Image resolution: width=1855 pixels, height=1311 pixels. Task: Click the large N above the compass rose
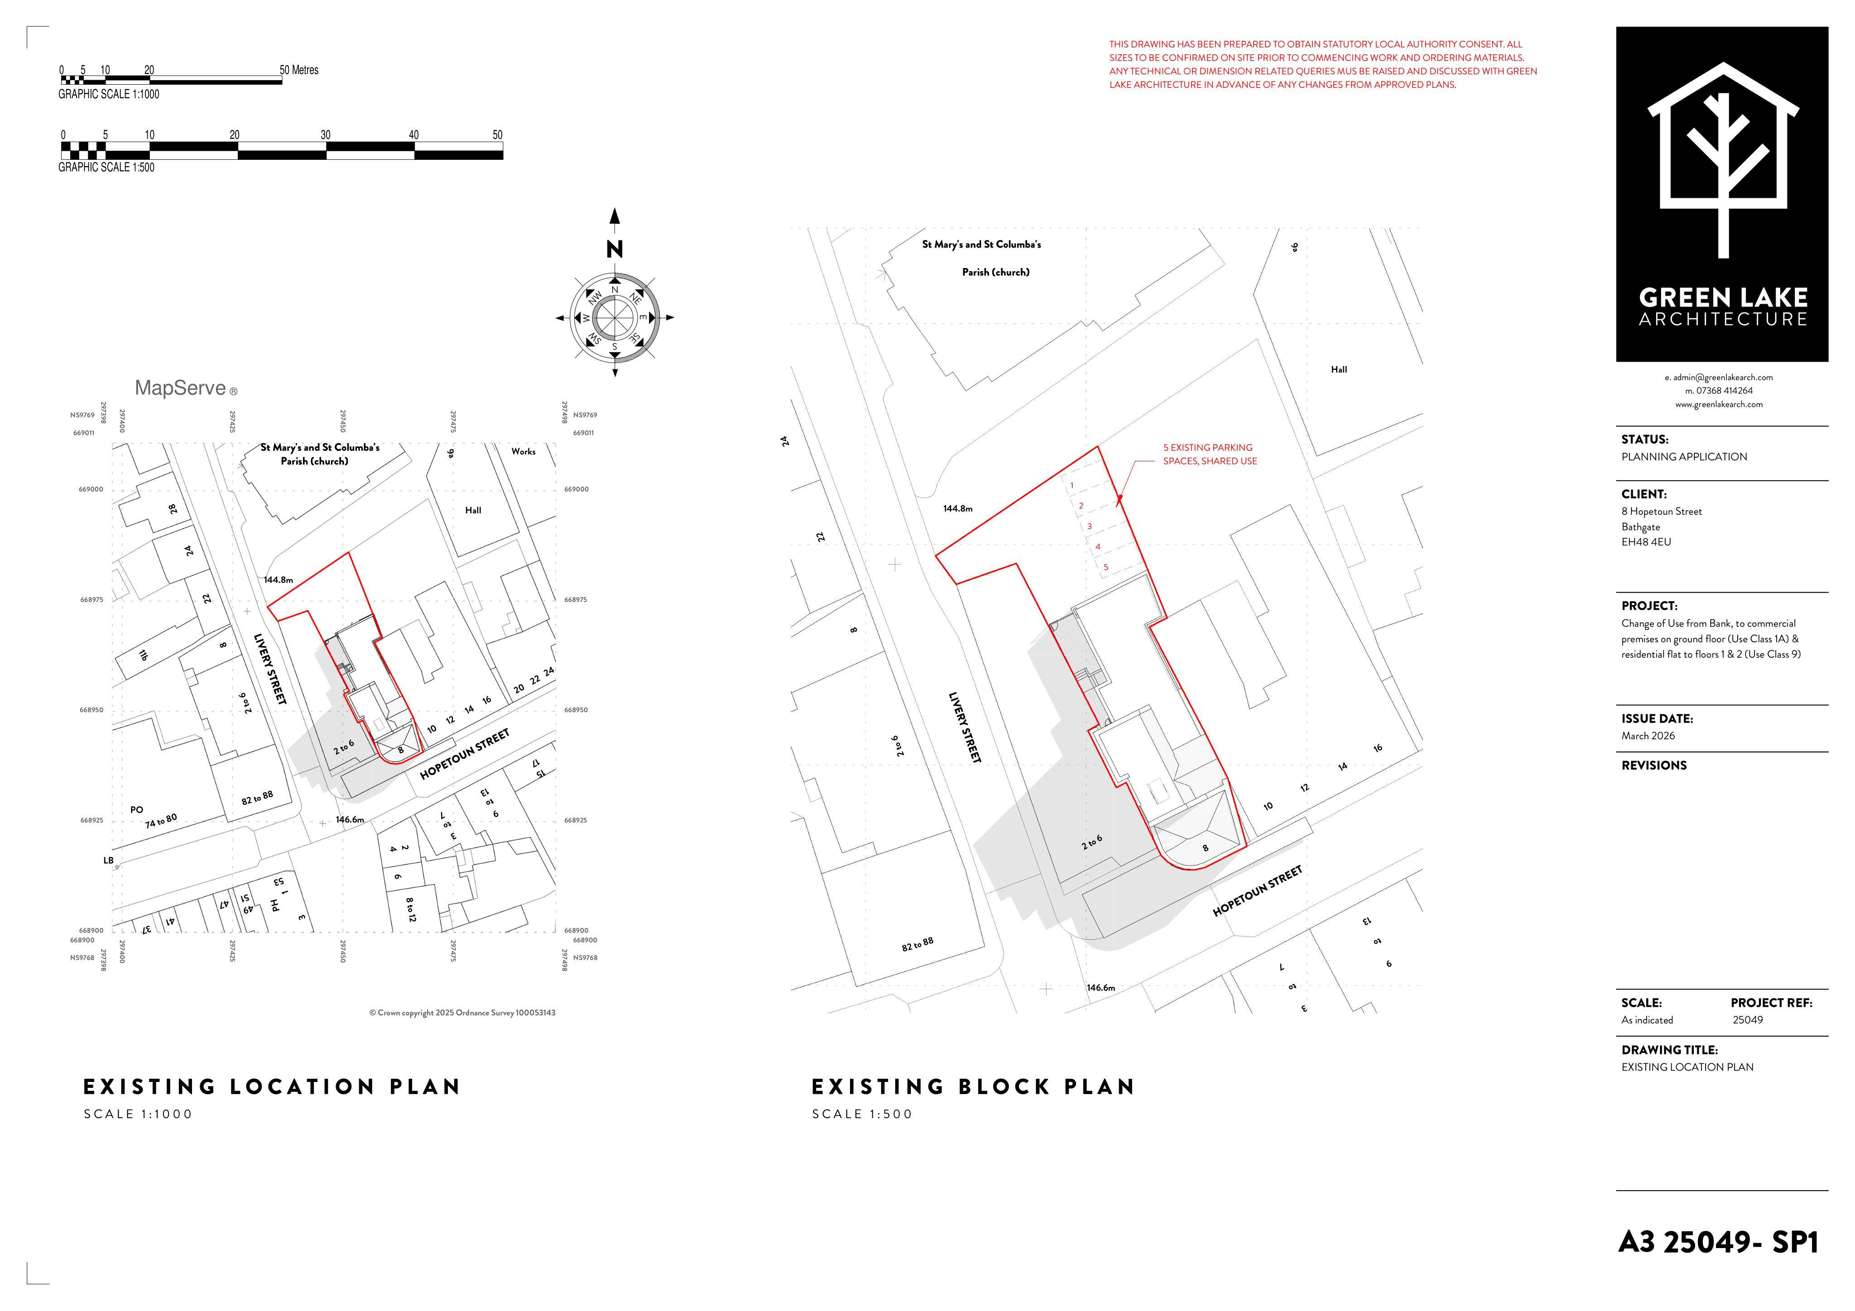[x=615, y=249]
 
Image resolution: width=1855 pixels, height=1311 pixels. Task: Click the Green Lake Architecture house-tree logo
[x=1722, y=160]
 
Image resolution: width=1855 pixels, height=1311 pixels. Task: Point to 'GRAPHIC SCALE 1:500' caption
[x=106, y=167]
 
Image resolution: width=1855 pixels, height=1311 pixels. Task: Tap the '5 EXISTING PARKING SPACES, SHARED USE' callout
[x=1210, y=454]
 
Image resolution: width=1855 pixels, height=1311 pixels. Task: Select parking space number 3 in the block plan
[x=1089, y=526]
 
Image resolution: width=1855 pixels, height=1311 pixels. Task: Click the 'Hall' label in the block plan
[x=1339, y=369]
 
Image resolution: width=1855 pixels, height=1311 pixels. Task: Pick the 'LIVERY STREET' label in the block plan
[x=965, y=727]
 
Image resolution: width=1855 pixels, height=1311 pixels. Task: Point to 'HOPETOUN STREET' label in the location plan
[x=465, y=754]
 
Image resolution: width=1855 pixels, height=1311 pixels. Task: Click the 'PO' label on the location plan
[x=136, y=809]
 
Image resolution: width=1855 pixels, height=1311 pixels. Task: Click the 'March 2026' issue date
[x=1648, y=736]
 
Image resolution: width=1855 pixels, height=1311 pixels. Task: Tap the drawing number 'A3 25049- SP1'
[x=1719, y=1242]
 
